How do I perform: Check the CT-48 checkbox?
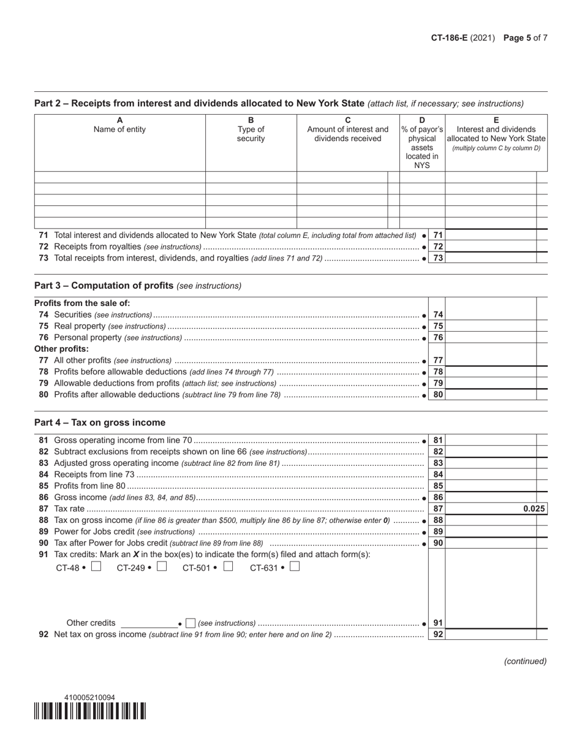(x=96, y=567)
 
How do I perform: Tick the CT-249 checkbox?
(x=162, y=567)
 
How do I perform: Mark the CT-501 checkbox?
(x=228, y=567)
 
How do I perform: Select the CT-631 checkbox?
(x=295, y=567)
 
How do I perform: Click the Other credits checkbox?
(x=191, y=623)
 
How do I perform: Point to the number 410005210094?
(x=89, y=698)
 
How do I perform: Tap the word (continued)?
(x=525, y=661)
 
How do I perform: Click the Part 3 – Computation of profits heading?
(x=138, y=286)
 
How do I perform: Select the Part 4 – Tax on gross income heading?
(x=100, y=422)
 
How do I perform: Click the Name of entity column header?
(x=119, y=129)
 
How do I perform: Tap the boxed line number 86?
(x=438, y=498)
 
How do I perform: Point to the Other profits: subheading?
(x=61, y=349)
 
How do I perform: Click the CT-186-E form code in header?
(x=449, y=38)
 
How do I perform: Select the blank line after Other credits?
(x=149, y=623)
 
